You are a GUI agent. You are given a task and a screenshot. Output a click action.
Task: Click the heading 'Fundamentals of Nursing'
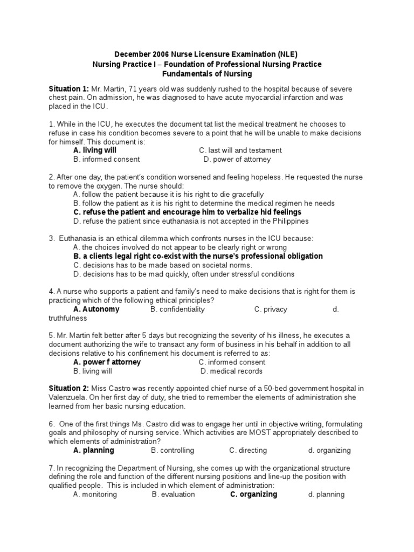point(207,74)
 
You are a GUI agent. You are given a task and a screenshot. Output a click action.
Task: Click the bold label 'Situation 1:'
point(68,88)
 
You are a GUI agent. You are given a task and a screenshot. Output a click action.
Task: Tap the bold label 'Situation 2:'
point(68,389)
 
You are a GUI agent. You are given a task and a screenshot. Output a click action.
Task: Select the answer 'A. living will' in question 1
point(95,150)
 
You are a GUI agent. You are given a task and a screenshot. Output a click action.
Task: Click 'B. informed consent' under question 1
point(107,160)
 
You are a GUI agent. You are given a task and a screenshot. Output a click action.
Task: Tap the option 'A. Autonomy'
point(96,309)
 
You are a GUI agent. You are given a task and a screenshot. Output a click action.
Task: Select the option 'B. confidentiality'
point(178,309)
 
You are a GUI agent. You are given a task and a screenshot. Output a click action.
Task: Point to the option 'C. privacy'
point(271,309)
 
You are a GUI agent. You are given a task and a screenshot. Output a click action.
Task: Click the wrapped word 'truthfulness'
point(67,318)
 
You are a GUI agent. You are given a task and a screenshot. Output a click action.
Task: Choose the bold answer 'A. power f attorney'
point(107,362)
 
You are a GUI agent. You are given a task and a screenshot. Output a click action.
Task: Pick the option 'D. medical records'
point(231,371)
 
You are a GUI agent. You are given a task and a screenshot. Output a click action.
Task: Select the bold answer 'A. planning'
point(94,450)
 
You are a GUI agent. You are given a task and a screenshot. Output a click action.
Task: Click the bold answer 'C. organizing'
point(253,494)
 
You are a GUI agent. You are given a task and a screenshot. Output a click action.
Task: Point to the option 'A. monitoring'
point(95,494)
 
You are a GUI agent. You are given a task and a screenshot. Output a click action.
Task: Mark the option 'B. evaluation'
point(174,494)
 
